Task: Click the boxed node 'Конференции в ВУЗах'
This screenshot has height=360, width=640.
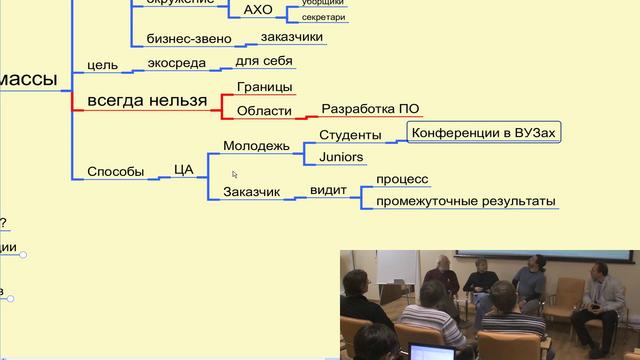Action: pyautogui.click(x=483, y=133)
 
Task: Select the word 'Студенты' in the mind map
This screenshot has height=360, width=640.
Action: pyautogui.click(x=350, y=135)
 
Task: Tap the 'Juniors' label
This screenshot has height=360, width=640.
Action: pyautogui.click(x=340, y=158)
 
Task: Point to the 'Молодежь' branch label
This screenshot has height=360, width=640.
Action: pyautogui.click(x=256, y=146)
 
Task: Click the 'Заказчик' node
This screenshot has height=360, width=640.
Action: pyautogui.click(x=251, y=191)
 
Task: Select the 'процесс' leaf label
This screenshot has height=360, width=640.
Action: pyautogui.click(x=402, y=180)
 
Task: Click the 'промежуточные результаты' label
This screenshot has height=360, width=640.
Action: pyautogui.click(x=465, y=201)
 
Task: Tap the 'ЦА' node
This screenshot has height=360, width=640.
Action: pyautogui.click(x=183, y=170)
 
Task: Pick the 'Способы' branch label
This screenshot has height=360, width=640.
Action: pyautogui.click(x=116, y=170)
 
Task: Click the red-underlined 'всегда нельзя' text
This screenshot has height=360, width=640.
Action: pyautogui.click(x=147, y=100)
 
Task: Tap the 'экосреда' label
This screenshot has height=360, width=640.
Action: pyautogui.click(x=176, y=63)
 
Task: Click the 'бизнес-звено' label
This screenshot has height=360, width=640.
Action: pyautogui.click(x=189, y=39)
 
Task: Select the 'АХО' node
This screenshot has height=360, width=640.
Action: pyautogui.click(x=258, y=11)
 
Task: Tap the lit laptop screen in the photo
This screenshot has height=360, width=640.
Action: pyautogui.click(x=425, y=353)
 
